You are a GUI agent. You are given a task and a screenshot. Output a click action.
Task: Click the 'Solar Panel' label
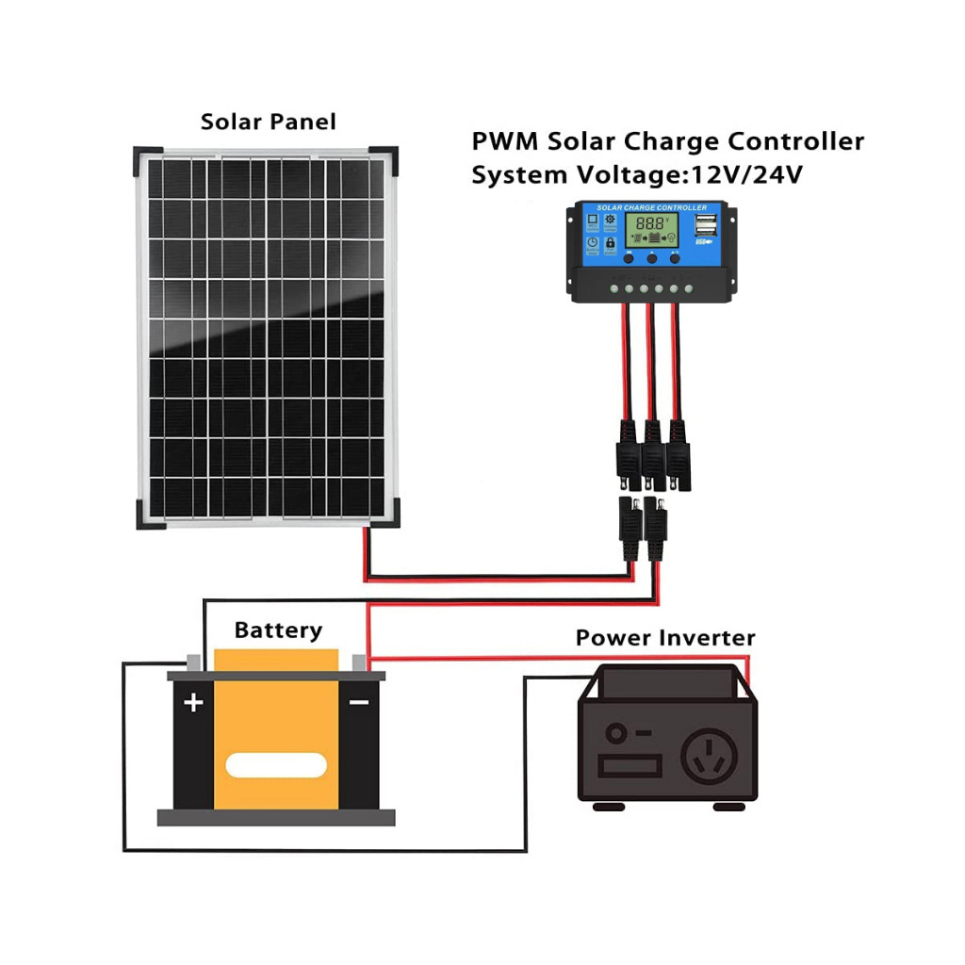coord(268,122)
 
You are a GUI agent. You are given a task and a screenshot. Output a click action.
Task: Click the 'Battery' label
coord(278,630)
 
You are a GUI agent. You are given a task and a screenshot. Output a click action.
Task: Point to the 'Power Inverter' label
coord(665,638)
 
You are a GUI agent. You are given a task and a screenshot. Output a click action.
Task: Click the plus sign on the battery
coord(193,702)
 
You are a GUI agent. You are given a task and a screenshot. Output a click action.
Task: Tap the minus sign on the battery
coord(358,702)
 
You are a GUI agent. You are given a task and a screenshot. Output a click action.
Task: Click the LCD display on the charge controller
coord(652,226)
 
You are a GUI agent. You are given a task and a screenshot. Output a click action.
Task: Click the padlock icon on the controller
coord(610,243)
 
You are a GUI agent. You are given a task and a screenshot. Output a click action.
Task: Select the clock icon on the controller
coord(592,243)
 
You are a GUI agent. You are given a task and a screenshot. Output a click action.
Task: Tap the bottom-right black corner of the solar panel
coord(385,515)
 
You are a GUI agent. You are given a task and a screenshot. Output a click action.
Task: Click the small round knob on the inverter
coord(617,733)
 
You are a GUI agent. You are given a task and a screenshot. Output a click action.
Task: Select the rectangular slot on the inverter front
coord(630,764)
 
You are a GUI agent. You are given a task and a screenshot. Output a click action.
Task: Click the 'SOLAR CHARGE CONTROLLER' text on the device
coord(651,206)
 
